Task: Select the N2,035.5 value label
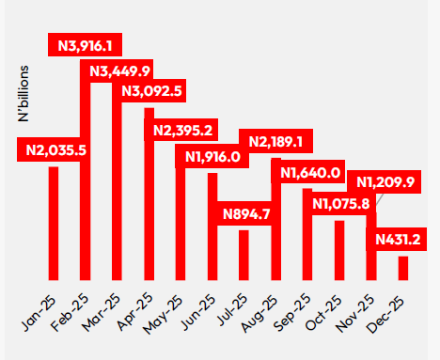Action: coord(56,149)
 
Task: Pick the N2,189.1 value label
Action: coord(275,142)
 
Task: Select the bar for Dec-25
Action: coord(403,268)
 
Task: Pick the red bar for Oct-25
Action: coord(339,250)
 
